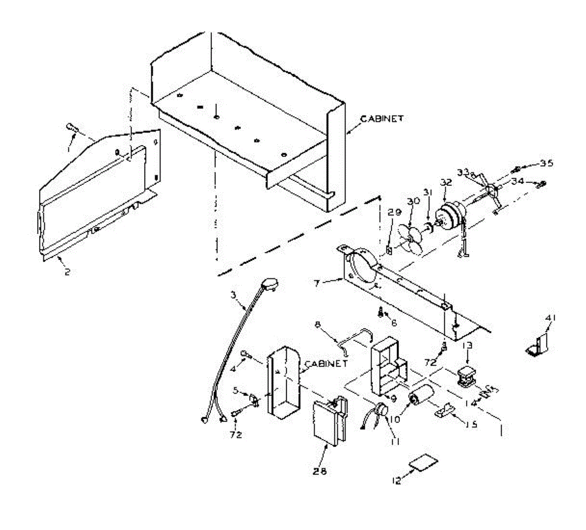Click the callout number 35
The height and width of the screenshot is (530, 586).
(x=546, y=163)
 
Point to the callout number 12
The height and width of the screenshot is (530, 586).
(x=397, y=481)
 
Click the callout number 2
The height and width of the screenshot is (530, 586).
(x=67, y=271)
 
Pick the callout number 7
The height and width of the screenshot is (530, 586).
(x=317, y=283)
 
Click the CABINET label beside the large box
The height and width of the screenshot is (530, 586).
(x=382, y=118)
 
